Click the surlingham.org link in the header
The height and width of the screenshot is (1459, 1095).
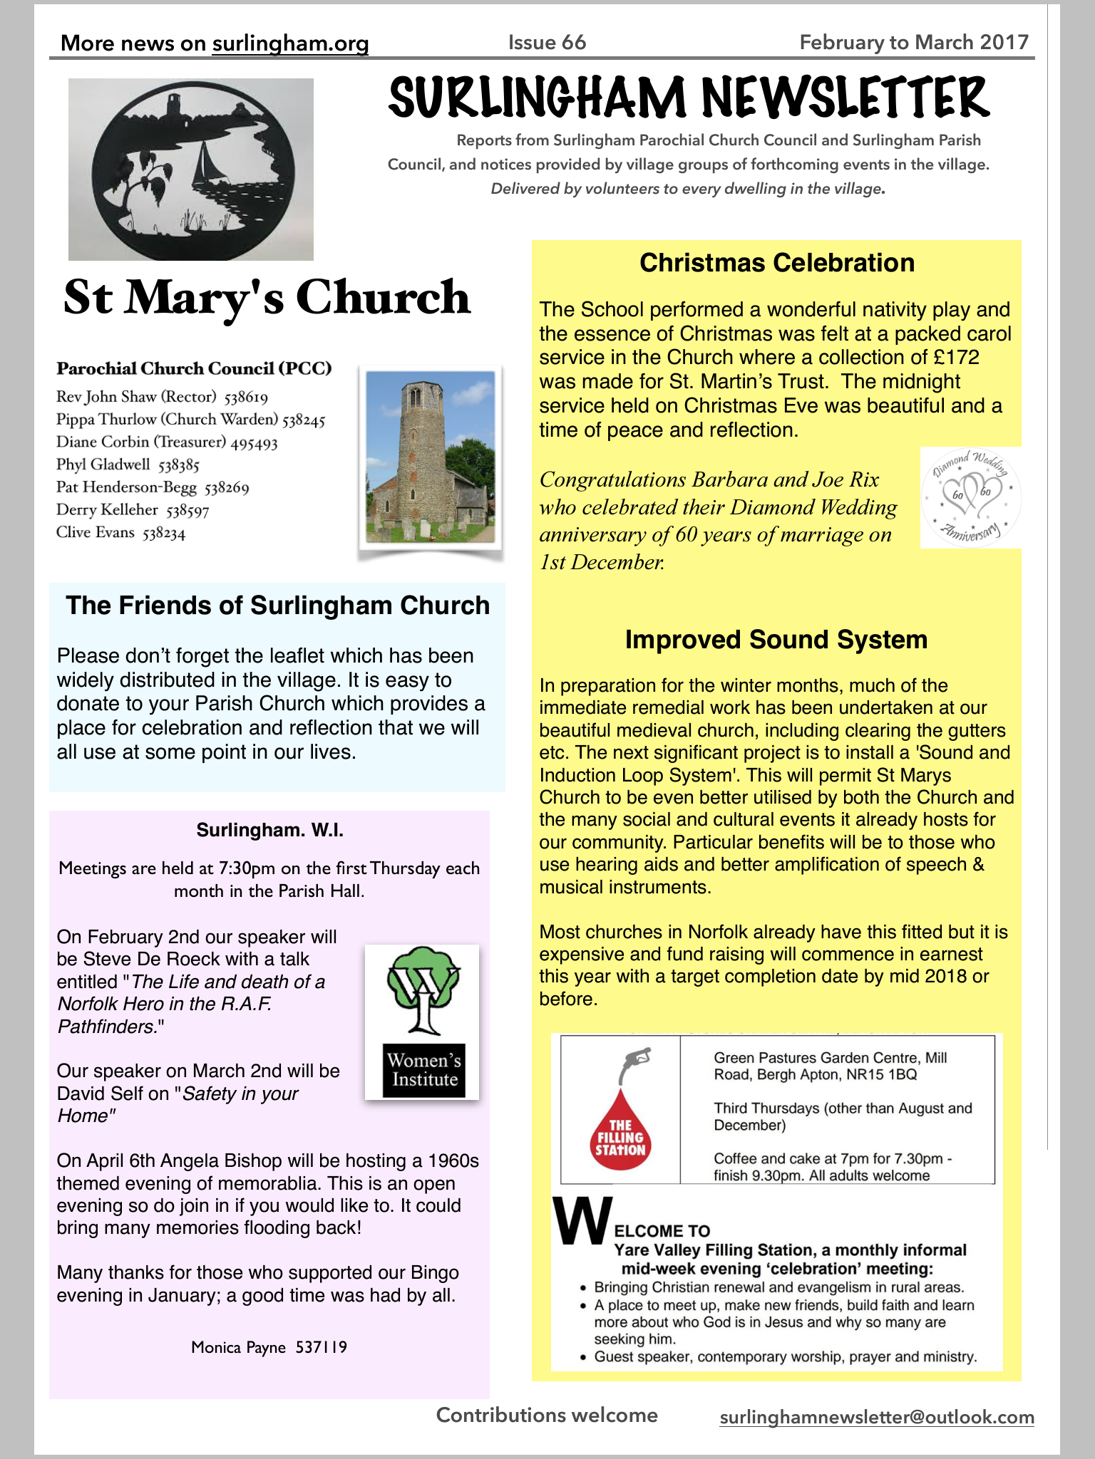(x=290, y=43)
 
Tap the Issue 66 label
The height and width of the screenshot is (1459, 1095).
(x=547, y=43)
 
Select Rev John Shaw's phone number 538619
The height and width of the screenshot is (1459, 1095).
(x=246, y=398)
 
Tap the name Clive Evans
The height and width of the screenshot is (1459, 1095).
(x=96, y=532)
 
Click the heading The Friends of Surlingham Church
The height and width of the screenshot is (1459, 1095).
(x=277, y=606)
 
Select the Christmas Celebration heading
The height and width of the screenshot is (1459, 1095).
(x=776, y=263)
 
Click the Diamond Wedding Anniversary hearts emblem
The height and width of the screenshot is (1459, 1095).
(x=971, y=497)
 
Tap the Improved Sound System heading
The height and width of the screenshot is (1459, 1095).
(x=776, y=640)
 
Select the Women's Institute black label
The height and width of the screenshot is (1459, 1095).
(x=423, y=1070)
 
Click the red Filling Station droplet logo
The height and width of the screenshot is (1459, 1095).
(x=620, y=1133)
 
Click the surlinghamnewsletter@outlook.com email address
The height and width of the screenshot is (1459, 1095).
(x=877, y=1417)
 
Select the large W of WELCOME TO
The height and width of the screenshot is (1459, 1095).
(x=582, y=1221)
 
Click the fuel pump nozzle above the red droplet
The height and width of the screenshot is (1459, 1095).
(x=637, y=1061)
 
